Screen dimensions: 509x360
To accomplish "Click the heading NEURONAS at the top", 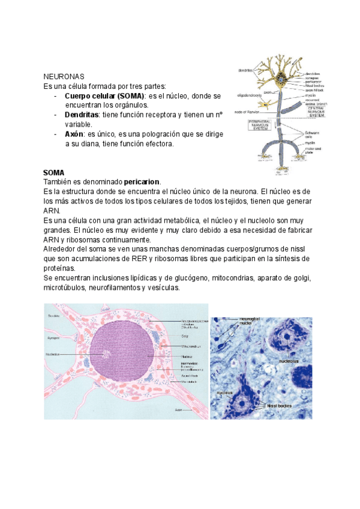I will [64, 77].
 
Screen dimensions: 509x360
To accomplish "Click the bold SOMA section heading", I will [54, 172].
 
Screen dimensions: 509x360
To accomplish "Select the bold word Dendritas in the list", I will [82, 115].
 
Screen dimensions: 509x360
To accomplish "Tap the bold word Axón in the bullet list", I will [74, 134].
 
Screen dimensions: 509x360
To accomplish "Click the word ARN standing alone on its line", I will [52, 211].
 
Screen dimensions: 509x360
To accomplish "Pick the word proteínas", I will [59, 268].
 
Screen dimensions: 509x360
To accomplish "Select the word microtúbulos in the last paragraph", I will [64, 288].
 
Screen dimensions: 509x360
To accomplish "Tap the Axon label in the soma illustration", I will [178, 411].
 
